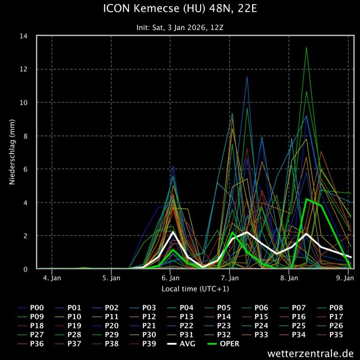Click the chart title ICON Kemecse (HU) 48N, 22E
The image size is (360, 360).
click(180, 8)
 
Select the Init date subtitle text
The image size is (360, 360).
click(180, 28)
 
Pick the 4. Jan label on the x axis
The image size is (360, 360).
click(52, 278)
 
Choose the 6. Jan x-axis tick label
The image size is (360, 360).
click(171, 278)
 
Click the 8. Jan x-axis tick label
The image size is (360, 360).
click(289, 278)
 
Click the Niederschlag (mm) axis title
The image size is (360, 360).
click(12, 152)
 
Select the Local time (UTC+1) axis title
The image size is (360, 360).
click(195, 289)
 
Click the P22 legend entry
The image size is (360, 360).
click(187, 326)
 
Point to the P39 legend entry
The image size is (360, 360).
click(149, 344)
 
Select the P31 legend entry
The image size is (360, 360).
click(187, 335)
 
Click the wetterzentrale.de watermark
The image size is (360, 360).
click(311, 353)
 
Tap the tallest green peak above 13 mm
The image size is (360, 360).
click(306, 47)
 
